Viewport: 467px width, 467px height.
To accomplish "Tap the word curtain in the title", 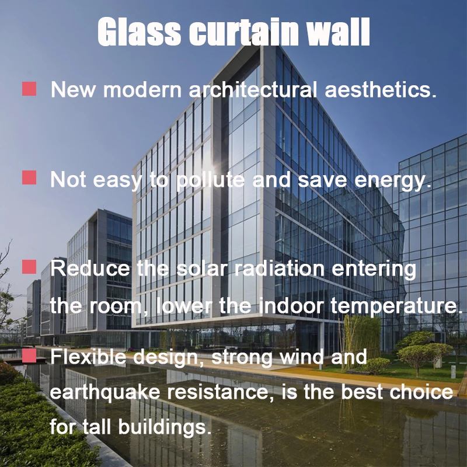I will coord(243,32).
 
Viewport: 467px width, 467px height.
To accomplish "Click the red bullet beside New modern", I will coord(29,89).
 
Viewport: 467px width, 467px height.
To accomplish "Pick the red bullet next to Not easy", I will coord(29,177).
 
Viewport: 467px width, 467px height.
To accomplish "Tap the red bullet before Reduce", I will coord(29,267).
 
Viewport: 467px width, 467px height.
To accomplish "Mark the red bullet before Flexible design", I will coord(29,355).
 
